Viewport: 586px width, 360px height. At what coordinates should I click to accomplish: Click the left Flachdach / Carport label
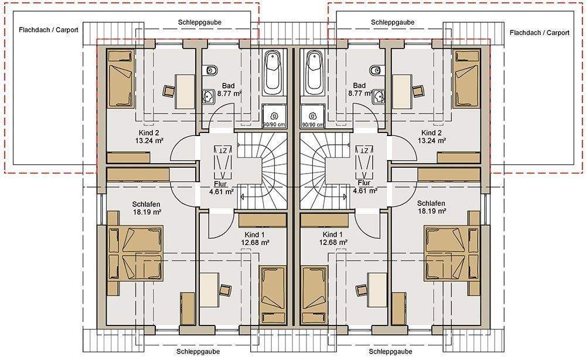tap(49, 30)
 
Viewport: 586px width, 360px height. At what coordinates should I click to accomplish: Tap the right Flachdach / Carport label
tap(539, 33)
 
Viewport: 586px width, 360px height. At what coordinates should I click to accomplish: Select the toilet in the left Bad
tap(212, 70)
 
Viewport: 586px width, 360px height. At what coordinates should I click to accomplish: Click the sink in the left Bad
tap(208, 97)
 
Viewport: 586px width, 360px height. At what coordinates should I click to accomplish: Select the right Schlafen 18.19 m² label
tap(431, 207)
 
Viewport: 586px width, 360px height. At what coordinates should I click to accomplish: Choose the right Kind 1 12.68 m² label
tap(333, 239)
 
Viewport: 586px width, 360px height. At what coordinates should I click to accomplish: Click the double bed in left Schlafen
tap(135, 253)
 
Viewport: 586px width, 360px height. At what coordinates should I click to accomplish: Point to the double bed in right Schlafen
tap(451, 253)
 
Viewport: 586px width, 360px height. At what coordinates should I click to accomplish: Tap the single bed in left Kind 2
tap(121, 79)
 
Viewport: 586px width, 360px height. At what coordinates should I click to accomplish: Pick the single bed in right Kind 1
tap(314, 295)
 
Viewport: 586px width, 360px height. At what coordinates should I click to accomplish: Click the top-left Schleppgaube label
tap(200, 22)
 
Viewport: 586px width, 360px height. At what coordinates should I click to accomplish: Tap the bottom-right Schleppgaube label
tap(390, 351)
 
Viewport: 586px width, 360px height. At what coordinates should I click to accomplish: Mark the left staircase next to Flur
tap(261, 171)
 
